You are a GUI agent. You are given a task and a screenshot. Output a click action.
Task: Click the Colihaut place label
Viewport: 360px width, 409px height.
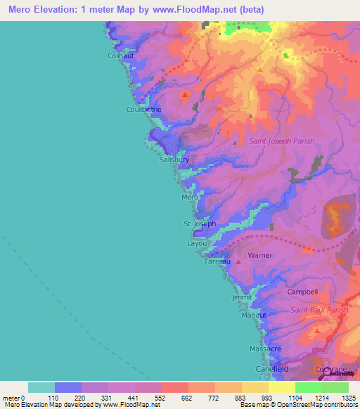click(121, 56)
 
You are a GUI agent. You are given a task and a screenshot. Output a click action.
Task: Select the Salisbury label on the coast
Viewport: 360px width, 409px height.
click(174, 160)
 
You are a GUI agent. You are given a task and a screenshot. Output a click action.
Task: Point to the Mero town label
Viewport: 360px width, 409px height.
click(190, 197)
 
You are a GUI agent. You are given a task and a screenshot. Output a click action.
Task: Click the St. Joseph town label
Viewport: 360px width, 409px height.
click(200, 223)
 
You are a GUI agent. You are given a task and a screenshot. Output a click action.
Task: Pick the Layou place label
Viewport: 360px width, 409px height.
click(197, 243)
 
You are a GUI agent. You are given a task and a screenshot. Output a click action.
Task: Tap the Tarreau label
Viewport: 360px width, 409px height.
click(217, 261)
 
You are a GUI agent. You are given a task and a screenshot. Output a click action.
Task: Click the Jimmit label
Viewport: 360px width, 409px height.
click(241, 297)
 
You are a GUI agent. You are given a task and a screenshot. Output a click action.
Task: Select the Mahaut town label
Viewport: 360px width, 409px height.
click(254, 316)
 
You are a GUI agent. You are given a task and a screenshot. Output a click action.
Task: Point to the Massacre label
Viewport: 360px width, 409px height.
click(265, 349)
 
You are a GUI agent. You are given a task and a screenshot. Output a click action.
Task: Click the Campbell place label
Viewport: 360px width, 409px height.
click(303, 292)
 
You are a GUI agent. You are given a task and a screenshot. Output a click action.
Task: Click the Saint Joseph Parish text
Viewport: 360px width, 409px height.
click(281, 141)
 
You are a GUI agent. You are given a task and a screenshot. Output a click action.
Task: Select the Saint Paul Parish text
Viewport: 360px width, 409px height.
click(319, 309)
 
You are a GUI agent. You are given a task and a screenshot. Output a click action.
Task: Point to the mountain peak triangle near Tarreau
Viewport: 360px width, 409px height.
click(238, 261)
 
